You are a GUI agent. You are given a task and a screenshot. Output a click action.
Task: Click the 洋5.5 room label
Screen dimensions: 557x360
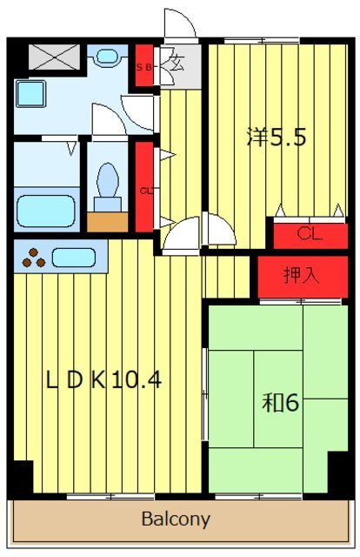point(276,138)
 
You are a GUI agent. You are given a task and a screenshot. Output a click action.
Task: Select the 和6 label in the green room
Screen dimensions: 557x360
point(281,403)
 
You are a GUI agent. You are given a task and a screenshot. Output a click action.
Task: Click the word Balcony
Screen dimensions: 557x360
point(176,520)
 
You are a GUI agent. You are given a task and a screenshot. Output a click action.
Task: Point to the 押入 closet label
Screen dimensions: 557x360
point(302,276)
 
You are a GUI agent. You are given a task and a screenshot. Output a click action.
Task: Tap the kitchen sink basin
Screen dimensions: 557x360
point(73,258)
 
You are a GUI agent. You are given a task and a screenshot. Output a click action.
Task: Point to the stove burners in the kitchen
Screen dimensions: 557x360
point(34,258)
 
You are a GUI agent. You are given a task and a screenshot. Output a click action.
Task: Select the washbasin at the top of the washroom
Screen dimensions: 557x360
point(108,57)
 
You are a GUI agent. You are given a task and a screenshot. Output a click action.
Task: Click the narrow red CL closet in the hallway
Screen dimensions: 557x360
point(143,186)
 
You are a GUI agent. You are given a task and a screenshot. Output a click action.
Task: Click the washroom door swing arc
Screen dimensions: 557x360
point(137,111)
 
